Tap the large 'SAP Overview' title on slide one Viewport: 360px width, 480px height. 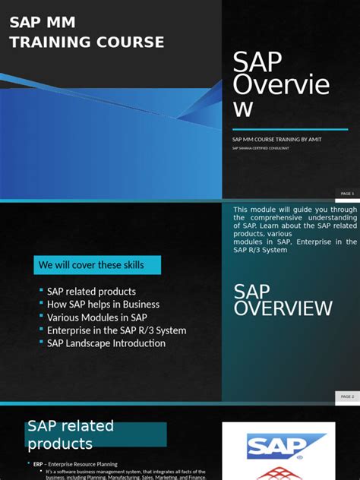[x=281, y=84]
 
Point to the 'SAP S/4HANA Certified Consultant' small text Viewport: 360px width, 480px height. [x=261, y=148]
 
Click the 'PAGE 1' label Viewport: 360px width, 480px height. [x=347, y=194]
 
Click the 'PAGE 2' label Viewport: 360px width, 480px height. [x=347, y=396]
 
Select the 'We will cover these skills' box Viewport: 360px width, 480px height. [x=97, y=265]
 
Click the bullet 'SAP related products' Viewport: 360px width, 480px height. [x=91, y=292]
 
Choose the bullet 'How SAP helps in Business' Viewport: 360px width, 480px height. [x=103, y=305]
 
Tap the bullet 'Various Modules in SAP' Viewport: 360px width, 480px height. [x=96, y=317]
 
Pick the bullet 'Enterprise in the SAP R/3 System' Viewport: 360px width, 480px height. [x=116, y=330]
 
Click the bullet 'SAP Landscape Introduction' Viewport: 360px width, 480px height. [x=106, y=343]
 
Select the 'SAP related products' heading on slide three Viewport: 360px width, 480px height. [x=71, y=434]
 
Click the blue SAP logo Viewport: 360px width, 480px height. [x=286, y=446]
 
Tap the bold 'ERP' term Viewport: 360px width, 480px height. [x=38, y=464]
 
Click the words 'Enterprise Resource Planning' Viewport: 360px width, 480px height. [x=83, y=464]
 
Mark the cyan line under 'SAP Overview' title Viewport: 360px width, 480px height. [x=289, y=129]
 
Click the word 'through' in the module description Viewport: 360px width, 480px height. [x=343, y=209]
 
